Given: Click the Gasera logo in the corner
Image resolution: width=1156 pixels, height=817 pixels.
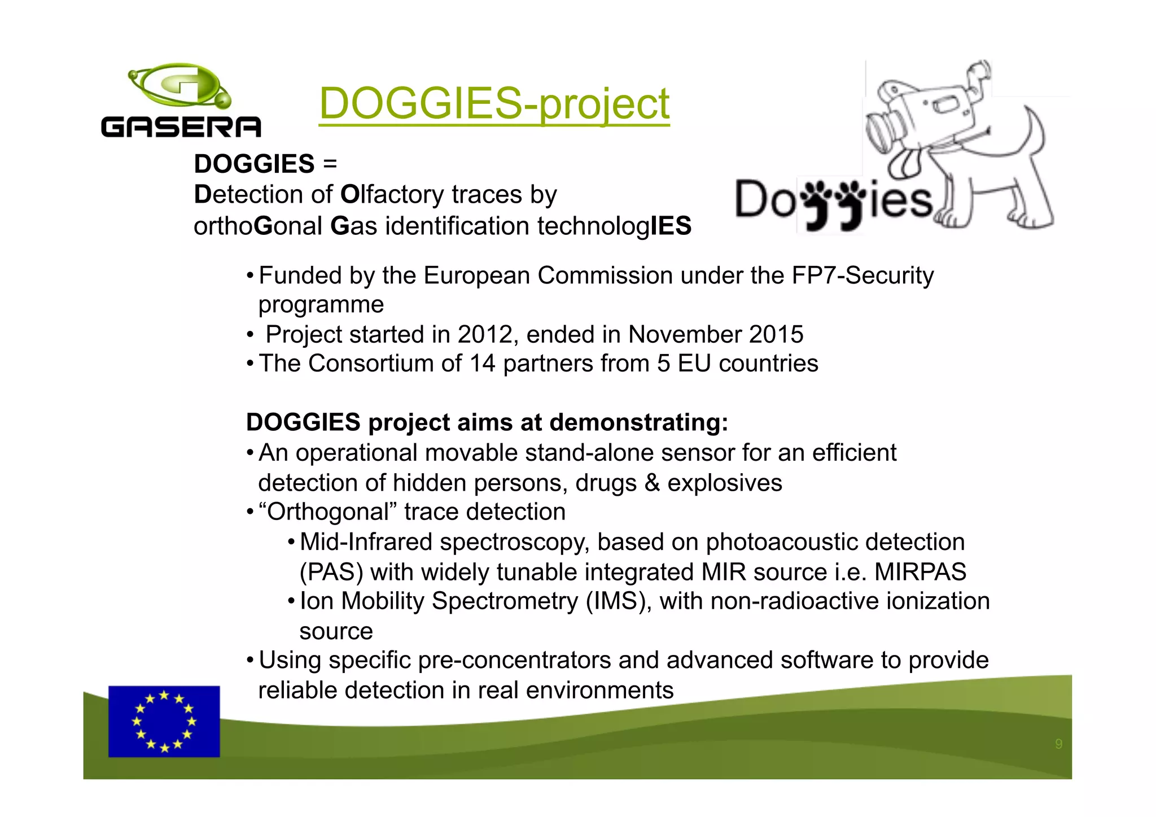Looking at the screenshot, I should pos(181,101).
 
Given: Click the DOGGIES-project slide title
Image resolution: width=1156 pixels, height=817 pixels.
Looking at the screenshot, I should pos(494,103).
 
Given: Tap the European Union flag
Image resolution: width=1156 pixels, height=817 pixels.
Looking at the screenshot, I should pos(164,721).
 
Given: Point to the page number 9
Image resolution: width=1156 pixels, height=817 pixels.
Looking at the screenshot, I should pos(1058,744).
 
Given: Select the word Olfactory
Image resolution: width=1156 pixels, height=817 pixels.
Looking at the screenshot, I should pos(392,195).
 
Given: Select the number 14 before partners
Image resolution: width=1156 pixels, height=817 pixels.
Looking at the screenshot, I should pos(482,364).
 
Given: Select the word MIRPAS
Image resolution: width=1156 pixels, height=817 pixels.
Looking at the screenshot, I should pos(920,572).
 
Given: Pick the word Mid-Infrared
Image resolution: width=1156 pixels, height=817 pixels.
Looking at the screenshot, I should pos(366,542).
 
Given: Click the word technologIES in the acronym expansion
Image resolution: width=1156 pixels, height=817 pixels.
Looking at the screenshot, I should pos(614,226).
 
